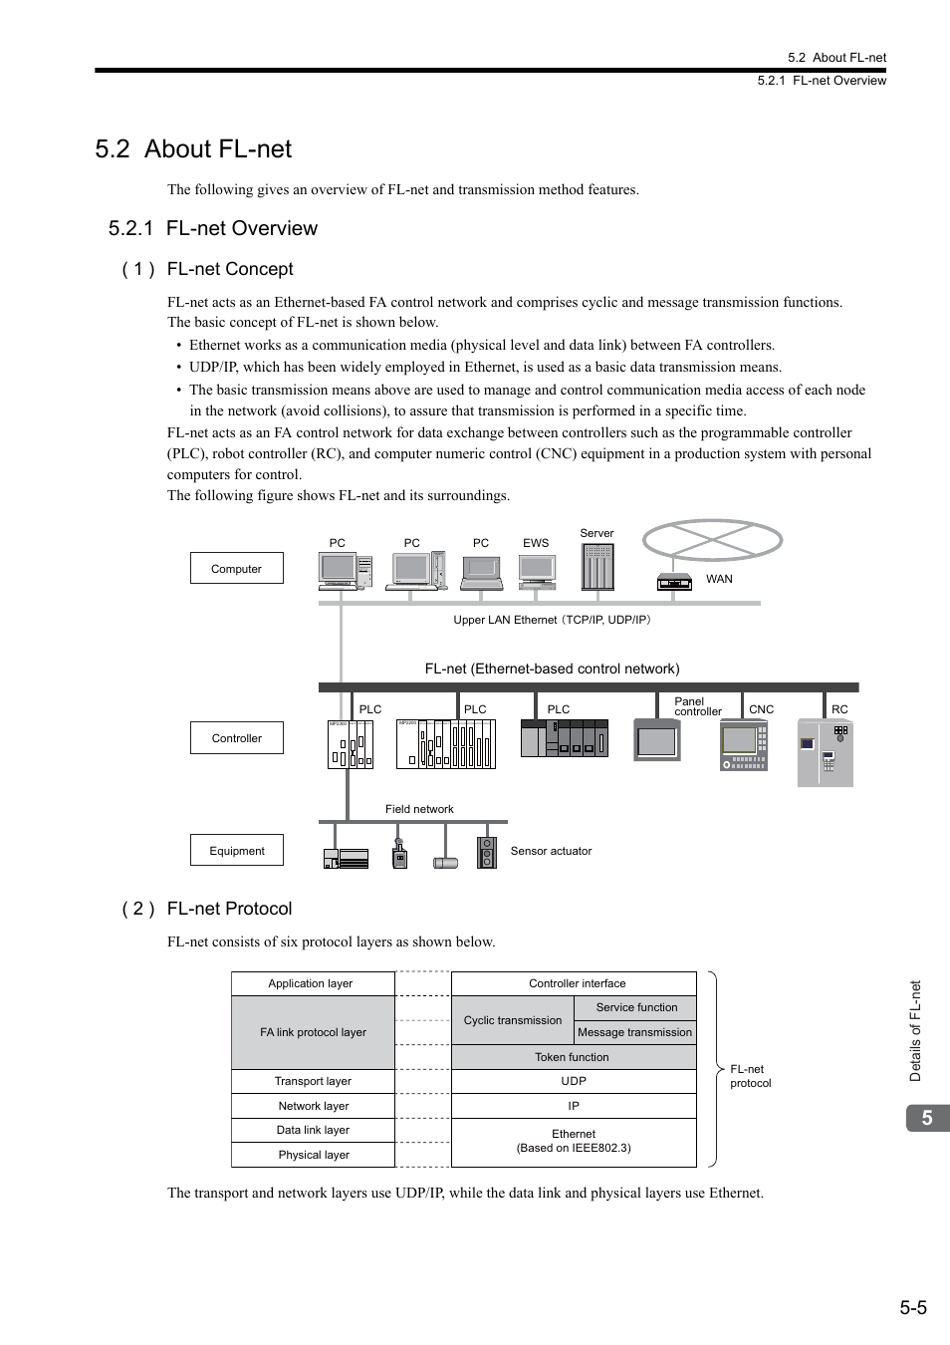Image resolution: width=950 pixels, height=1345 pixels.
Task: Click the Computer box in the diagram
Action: coord(236,568)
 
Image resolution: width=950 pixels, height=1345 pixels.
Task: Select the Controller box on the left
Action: coord(236,738)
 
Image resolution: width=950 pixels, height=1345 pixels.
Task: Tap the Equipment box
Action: coord(236,850)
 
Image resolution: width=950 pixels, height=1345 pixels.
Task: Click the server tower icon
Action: coord(597,567)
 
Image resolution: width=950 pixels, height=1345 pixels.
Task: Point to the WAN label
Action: coord(719,579)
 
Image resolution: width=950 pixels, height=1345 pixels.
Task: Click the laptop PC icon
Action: coord(481,574)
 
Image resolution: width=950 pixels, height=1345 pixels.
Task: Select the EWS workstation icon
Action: coord(537,572)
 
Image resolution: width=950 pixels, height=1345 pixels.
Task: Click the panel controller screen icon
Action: coord(657,740)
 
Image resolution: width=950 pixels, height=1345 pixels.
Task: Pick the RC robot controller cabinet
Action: coord(826,752)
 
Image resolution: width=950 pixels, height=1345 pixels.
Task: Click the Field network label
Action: coord(419,809)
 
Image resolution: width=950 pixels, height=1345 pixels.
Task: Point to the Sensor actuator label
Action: coord(551,851)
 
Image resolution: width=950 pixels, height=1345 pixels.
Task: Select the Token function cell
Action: coord(574,1057)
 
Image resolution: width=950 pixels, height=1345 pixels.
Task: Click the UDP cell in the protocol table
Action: coord(574,1081)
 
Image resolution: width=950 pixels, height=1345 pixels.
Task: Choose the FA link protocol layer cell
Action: coord(313,1032)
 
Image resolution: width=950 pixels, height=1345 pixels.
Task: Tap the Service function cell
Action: coord(635,1007)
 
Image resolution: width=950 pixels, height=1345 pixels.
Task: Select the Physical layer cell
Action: coord(313,1155)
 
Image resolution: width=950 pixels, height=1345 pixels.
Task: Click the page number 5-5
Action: coord(913,1308)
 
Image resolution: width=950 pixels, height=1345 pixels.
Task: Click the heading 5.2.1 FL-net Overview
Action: coord(212,228)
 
